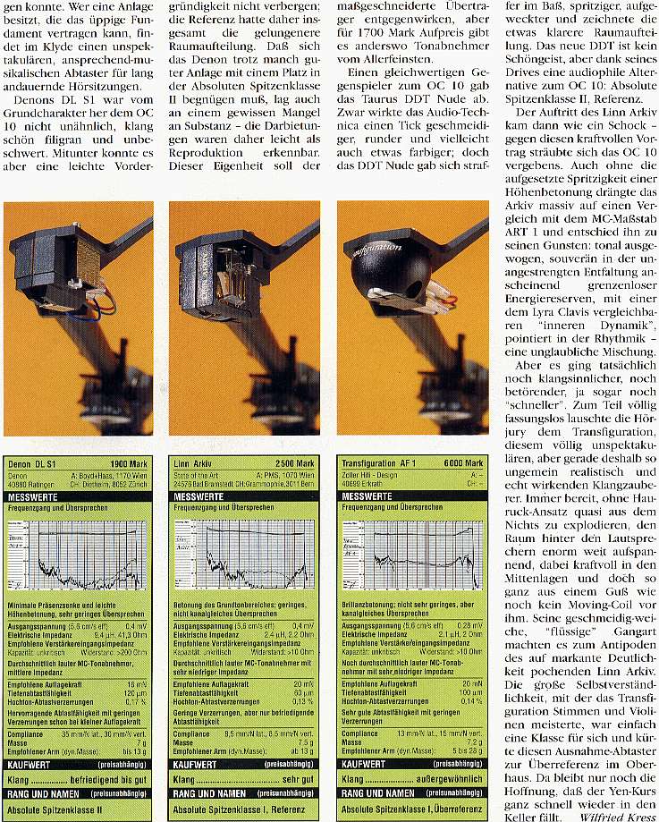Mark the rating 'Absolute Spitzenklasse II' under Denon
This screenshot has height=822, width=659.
pos(57,810)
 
